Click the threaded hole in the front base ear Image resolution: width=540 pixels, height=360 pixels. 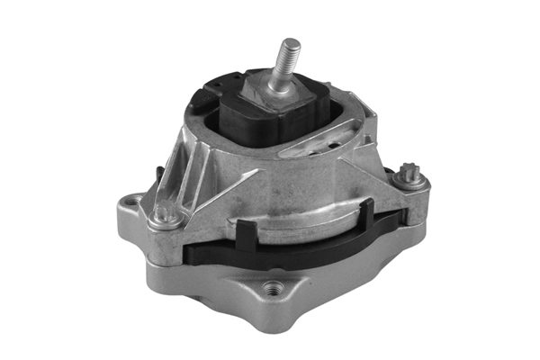[272, 290]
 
